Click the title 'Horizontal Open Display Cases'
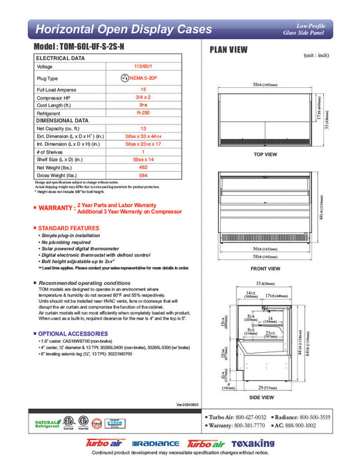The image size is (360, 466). pos(123,29)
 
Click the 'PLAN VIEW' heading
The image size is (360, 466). pos(230,49)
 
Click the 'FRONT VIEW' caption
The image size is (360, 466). pos(266,269)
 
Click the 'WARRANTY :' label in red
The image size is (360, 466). pos(55,208)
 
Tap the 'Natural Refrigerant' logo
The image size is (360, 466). pos(46,423)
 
